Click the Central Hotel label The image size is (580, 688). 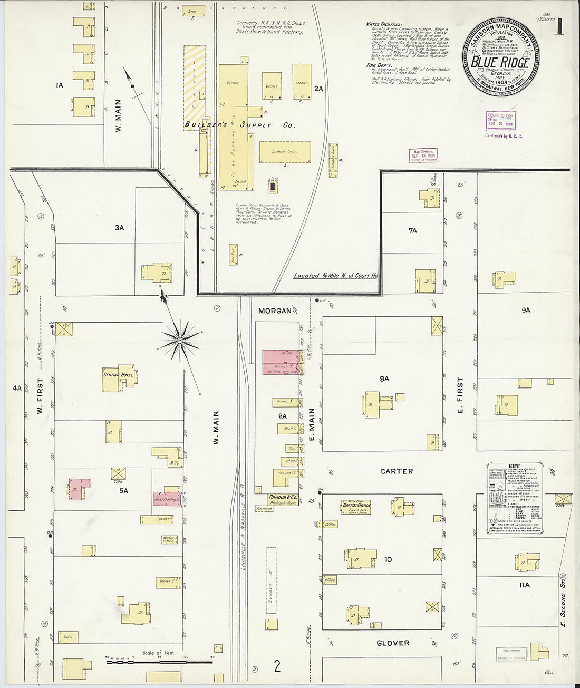click(118, 375)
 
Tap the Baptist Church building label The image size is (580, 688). click(356, 505)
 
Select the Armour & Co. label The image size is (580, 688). click(283, 497)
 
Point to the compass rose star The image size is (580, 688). click(180, 341)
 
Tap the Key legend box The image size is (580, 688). click(514, 498)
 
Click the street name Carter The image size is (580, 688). click(397, 471)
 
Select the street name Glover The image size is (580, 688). click(393, 643)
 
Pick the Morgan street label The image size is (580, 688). click(275, 311)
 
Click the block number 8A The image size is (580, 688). click(384, 379)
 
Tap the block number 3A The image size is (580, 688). click(120, 228)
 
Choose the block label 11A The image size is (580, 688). click(524, 585)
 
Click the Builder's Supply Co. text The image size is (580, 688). click(239, 125)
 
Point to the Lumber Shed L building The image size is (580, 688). click(285, 152)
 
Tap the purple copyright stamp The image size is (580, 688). click(500, 120)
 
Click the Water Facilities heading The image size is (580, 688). click(384, 24)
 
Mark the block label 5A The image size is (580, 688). click(123, 491)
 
